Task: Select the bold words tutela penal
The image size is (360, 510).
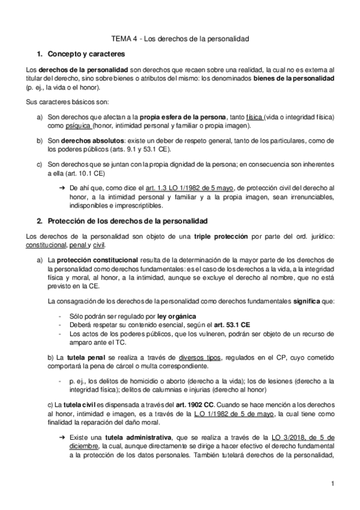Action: tap(83, 356)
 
